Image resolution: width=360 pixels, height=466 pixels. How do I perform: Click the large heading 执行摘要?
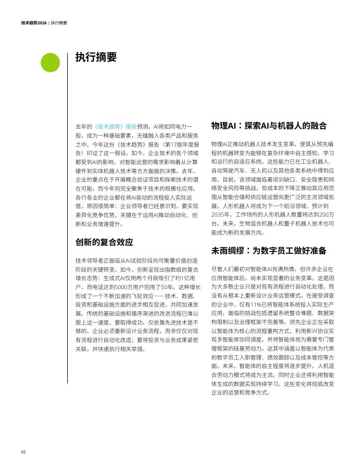pos(96,57)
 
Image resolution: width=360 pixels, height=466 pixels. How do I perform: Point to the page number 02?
pos(23,452)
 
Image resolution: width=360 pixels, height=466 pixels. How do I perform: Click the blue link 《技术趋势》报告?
pos(115,127)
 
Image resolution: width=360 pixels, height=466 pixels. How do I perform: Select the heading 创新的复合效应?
pos(104,243)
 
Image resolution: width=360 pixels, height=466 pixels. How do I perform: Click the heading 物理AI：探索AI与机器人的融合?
pos(269,126)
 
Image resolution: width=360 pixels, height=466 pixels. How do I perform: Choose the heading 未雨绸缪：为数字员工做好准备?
pos(268,250)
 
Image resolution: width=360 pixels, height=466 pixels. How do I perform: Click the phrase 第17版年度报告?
pos(181,144)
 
